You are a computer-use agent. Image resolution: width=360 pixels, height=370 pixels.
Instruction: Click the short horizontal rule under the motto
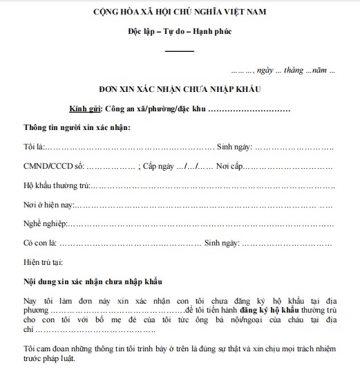tap(180, 50)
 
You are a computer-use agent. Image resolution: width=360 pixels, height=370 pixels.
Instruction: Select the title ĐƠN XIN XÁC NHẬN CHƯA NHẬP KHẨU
tap(180, 90)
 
